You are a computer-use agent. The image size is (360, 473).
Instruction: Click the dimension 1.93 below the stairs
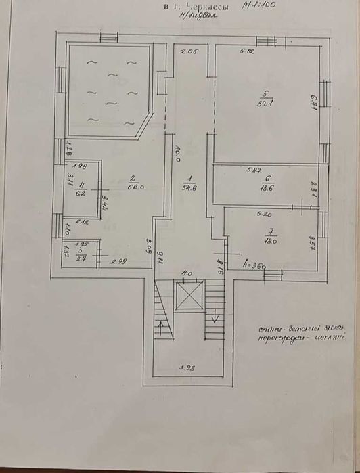(x=187, y=368)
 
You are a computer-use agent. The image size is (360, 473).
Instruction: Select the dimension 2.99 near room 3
(x=118, y=261)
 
